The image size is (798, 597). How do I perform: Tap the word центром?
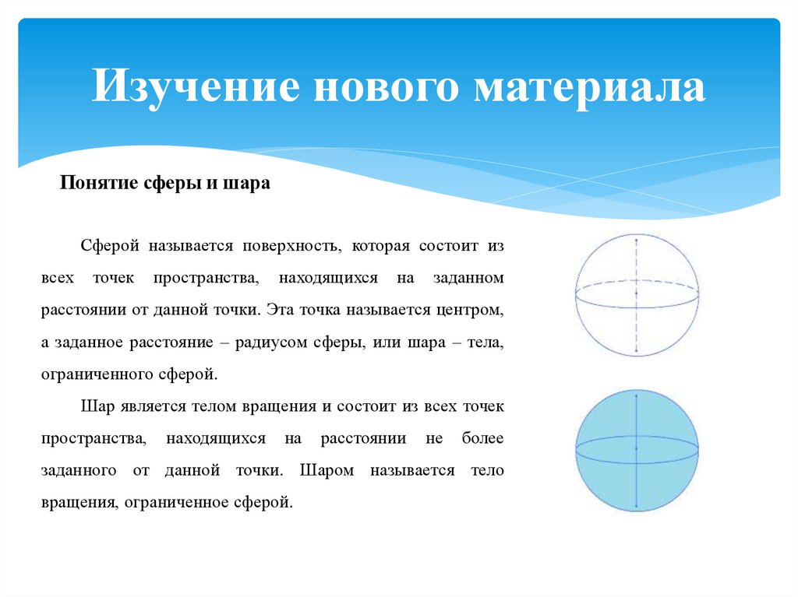471,309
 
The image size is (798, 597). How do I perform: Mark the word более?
485,438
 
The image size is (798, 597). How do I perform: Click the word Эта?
278,309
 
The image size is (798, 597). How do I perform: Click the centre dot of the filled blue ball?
637,449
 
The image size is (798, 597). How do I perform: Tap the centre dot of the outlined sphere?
637,293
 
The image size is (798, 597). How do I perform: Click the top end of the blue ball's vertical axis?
637,395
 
